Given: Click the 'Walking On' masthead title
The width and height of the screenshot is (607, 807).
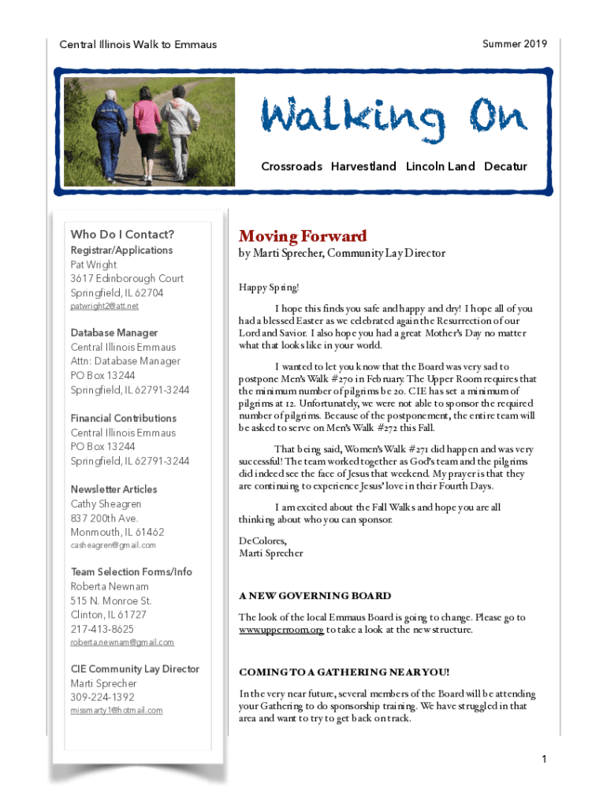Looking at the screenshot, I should pos(394,119).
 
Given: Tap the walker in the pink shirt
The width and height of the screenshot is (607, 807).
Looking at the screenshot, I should pos(147,126).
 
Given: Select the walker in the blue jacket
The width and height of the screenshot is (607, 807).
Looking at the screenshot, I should pos(110,129).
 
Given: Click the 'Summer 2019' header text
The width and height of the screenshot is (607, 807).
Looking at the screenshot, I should pos(515,44).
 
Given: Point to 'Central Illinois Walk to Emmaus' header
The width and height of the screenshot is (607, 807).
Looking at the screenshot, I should pos(138,45).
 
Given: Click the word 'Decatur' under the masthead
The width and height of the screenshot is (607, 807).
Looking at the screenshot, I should pos(505,166).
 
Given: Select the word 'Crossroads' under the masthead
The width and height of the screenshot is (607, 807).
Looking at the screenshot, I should pos(292,166).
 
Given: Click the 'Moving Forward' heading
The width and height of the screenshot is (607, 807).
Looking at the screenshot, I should pos(303,236).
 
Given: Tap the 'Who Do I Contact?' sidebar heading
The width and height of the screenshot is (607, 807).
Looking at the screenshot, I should pos(122,234).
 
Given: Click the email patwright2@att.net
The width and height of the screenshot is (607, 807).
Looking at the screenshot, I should pos(104,306).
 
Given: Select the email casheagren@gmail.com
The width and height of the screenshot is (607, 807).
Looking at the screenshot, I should pos(114,545).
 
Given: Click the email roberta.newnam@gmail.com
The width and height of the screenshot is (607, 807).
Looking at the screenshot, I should pos(122,642).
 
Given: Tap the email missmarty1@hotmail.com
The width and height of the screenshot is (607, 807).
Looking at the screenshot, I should pos(117,710).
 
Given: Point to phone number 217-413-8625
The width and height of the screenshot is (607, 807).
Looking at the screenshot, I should pos(102,629).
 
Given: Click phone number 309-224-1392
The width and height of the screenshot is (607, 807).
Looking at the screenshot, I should pos(102,697).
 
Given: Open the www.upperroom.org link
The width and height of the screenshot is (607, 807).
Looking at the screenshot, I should pos(281,630).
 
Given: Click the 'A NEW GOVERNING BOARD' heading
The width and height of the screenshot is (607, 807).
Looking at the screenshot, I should pos(315,596).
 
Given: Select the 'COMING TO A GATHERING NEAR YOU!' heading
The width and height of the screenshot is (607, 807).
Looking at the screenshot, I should pos(344,672).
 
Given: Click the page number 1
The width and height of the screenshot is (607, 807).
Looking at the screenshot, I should pos(544,760).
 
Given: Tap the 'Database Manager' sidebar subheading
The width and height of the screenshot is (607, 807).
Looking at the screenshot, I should pos(114,333).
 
